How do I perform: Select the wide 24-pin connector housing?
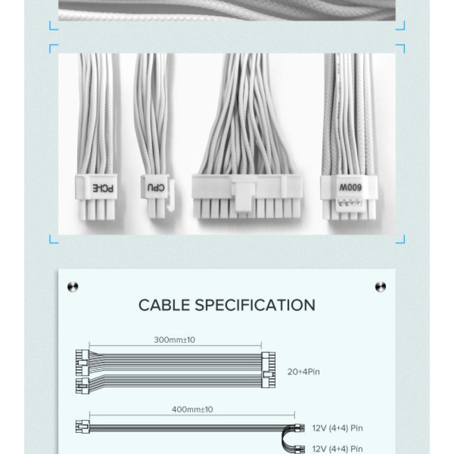[247, 195]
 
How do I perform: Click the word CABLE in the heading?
[164, 305]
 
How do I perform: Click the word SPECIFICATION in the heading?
[255, 305]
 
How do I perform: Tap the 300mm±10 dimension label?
[174, 340]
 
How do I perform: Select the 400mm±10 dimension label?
[192, 409]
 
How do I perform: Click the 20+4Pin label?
[304, 372]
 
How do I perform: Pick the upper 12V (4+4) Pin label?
[337, 428]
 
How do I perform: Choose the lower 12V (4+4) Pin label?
[337, 449]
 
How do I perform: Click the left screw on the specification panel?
[73, 286]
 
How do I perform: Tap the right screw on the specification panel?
[380, 286]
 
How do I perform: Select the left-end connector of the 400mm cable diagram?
[83, 427]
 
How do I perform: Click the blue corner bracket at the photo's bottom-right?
[400, 239]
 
